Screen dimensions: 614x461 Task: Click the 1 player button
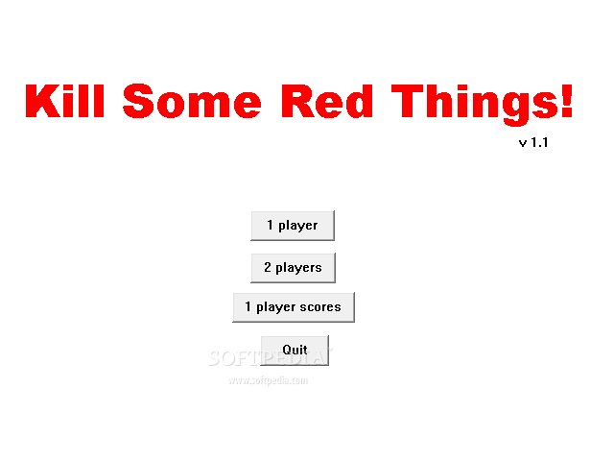point(293,226)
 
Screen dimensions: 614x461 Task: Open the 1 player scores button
point(294,307)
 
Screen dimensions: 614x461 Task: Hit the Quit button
point(295,350)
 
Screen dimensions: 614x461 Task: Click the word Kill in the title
point(65,101)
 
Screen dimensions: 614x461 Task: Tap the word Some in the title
point(192,101)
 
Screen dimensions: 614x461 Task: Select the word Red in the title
point(327,101)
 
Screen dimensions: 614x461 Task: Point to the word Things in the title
point(476,105)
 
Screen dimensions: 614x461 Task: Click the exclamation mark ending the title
point(566,101)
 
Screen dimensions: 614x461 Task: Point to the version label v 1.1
point(533,142)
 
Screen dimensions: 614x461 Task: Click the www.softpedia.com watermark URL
point(269,380)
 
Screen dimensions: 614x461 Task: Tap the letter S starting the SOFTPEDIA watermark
point(215,358)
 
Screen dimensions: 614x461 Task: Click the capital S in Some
point(137,101)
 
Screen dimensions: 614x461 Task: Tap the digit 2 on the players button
point(268,267)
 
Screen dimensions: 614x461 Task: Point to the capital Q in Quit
point(287,350)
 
